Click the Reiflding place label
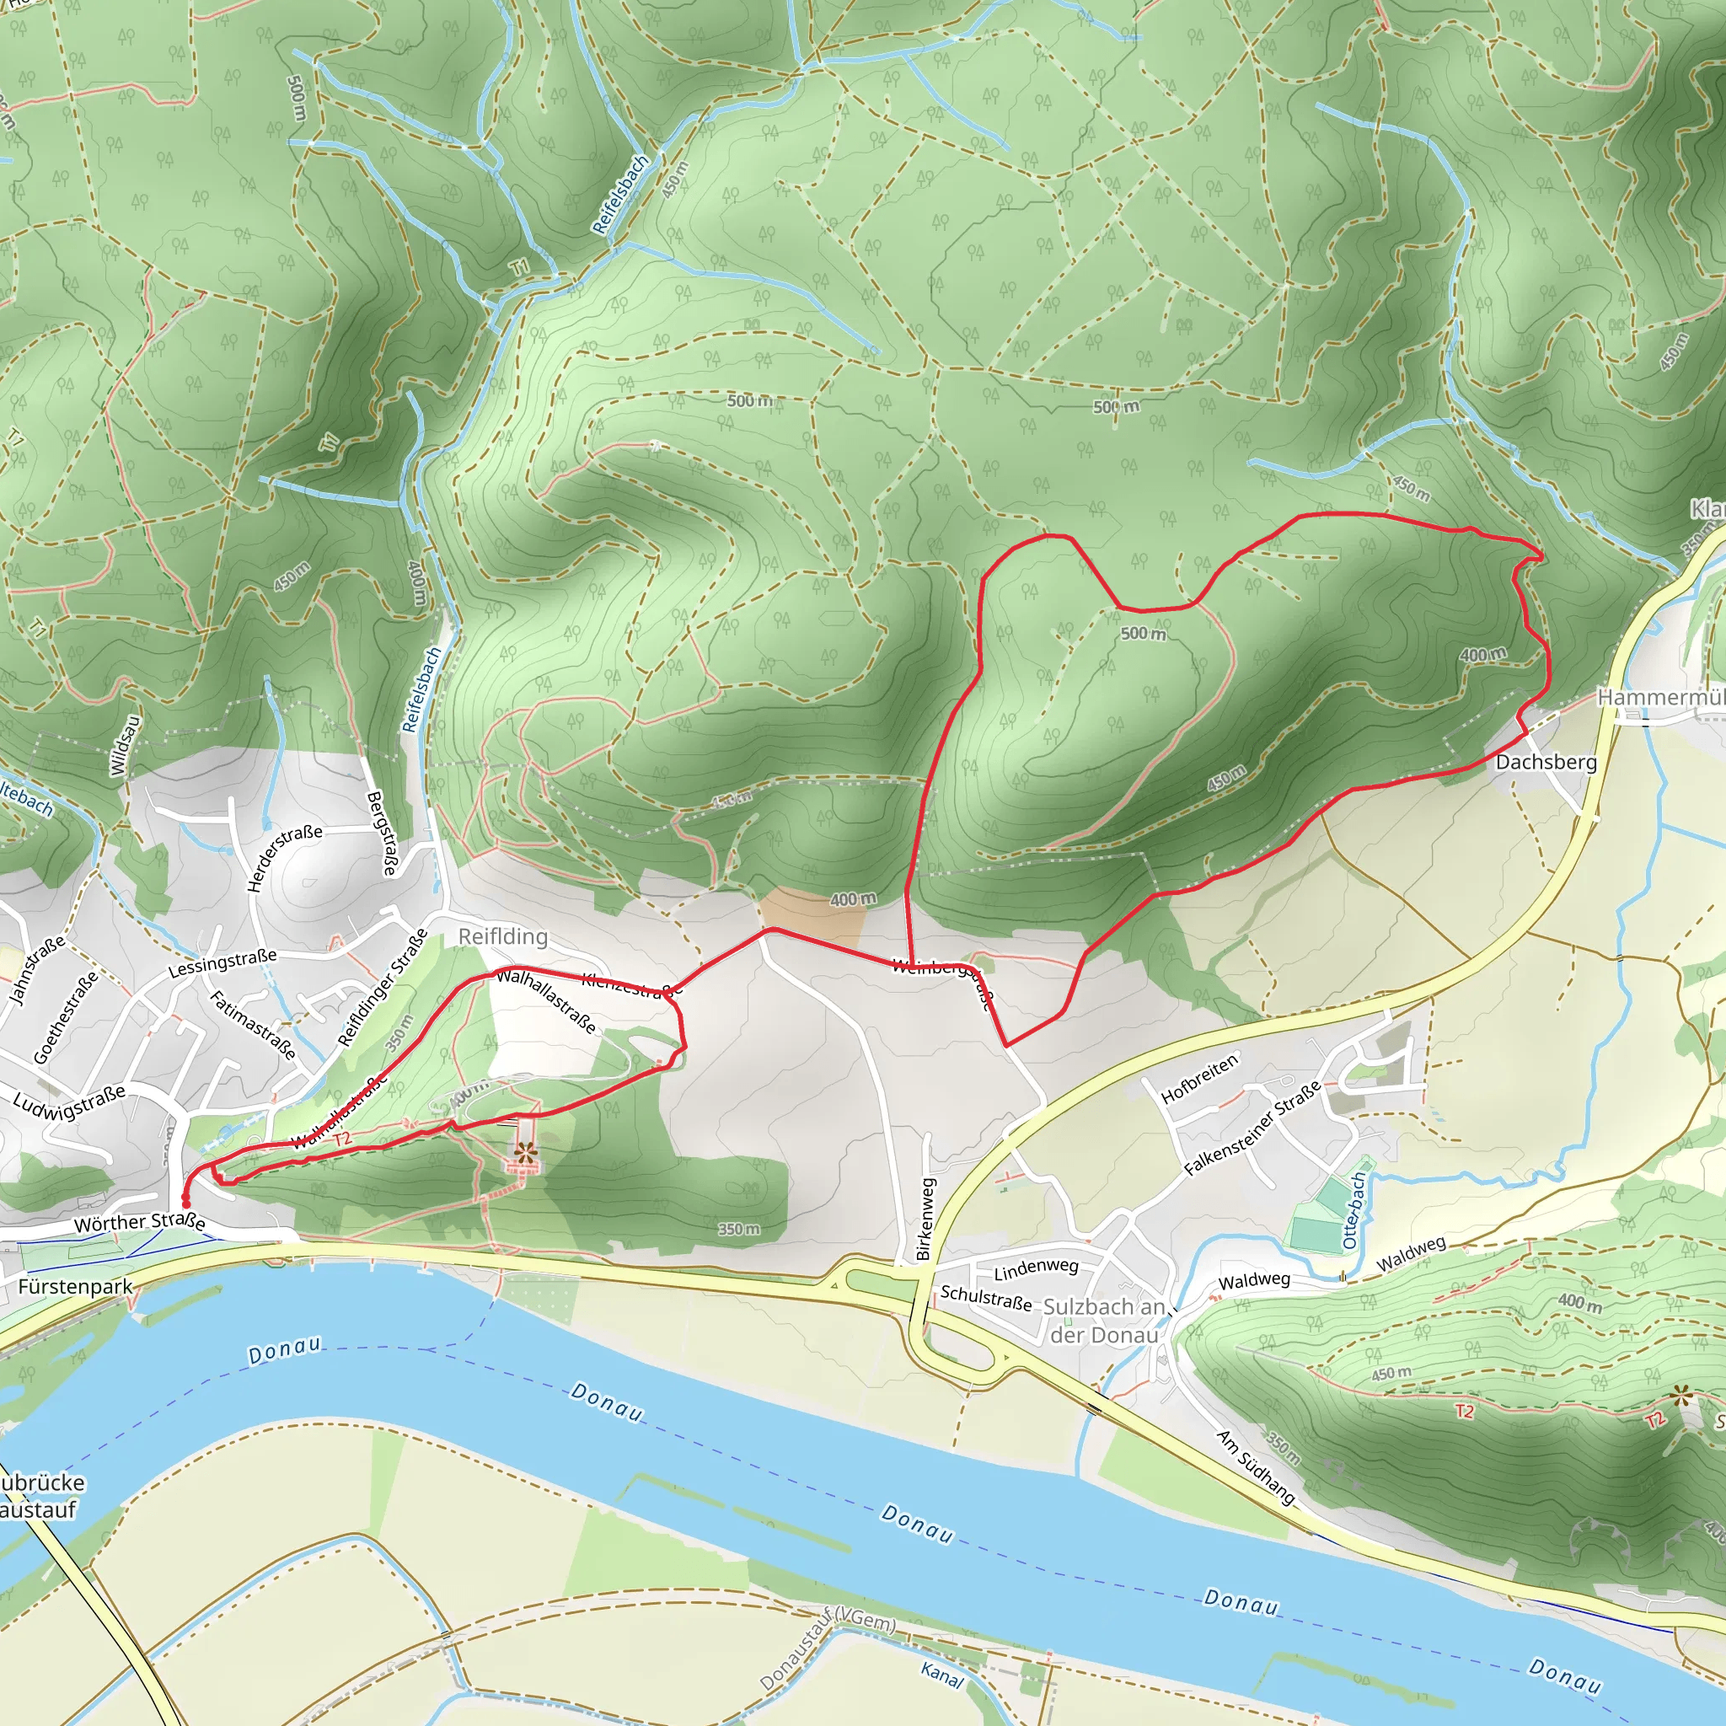(x=503, y=936)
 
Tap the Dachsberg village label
(x=1546, y=762)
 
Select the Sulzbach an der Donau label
(x=1104, y=1321)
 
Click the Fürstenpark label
(x=75, y=1286)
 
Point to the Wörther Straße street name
(x=139, y=1222)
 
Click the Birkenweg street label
(x=925, y=1219)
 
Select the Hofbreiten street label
(x=1199, y=1077)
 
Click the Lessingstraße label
(x=222, y=964)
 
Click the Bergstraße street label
(x=383, y=833)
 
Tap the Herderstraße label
(x=284, y=858)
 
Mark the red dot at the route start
(x=185, y=1203)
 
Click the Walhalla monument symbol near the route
(x=523, y=1155)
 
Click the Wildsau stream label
(x=124, y=746)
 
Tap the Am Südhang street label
(x=1255, y=1465)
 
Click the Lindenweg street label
(x=1037, y=1267)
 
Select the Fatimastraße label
(x=253, y=1025)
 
